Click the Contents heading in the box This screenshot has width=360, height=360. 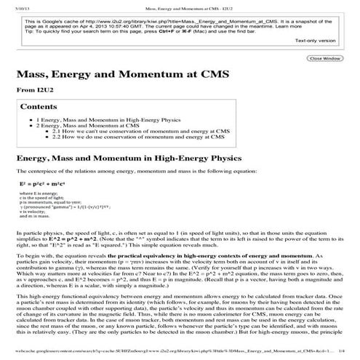tap(38, 107)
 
